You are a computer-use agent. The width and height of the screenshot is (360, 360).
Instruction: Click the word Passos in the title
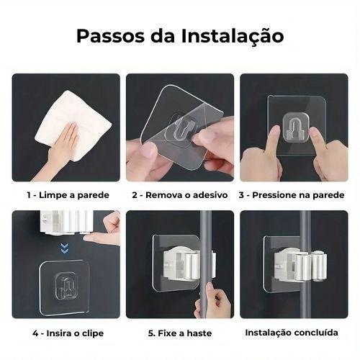111,36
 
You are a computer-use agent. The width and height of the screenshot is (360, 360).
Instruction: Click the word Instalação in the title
233,37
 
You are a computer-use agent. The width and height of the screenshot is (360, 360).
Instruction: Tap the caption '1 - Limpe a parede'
68,195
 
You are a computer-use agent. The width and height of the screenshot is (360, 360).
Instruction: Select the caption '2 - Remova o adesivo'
180,195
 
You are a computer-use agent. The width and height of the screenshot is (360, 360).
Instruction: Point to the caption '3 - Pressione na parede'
292,195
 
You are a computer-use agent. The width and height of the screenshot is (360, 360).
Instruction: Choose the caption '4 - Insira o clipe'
68,333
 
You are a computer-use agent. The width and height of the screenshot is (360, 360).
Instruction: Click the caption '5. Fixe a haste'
180,333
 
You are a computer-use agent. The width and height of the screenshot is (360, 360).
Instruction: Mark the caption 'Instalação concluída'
292,333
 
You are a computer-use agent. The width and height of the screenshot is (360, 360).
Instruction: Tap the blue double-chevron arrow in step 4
65,248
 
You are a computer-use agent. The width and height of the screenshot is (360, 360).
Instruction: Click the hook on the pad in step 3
295,127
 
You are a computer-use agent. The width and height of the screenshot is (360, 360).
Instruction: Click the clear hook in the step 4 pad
66,286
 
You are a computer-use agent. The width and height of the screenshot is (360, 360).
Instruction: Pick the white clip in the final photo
300,266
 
